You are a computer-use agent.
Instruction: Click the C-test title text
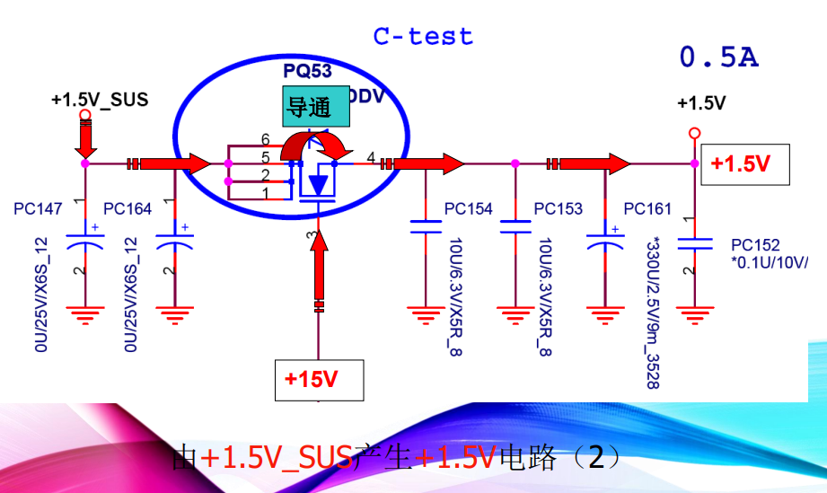423,37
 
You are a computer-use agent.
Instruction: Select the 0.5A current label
718,58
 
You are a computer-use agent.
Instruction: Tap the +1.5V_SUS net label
100,100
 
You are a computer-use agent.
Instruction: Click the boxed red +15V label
318,379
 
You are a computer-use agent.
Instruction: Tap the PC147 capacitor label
38,209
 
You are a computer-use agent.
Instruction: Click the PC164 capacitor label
128,209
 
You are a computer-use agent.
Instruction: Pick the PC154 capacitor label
468,209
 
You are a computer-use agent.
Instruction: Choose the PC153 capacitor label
558,209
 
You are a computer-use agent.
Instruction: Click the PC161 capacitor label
647,209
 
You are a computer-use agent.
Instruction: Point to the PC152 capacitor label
755,244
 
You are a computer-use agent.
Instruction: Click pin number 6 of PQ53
265,139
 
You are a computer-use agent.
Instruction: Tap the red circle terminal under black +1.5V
694,133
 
